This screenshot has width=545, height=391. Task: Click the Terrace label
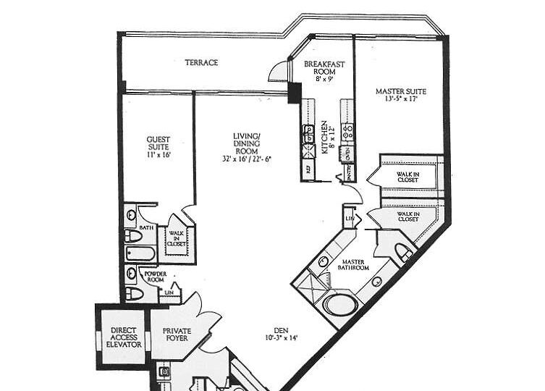[x=201, y=63]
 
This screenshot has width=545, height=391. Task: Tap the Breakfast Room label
[x=324, y=69]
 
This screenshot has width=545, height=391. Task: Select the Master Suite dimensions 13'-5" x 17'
[x=400, y=99]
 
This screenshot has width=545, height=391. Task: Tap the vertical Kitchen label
[x=325, y=138]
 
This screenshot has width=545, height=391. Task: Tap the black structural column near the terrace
[x=293, y=93]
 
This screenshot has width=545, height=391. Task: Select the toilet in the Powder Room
[x=133, y=293]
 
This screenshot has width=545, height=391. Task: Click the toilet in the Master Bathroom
[x=404, y=252]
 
